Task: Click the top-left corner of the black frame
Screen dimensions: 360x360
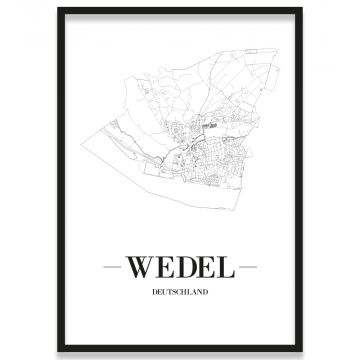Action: tap(59, 9)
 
